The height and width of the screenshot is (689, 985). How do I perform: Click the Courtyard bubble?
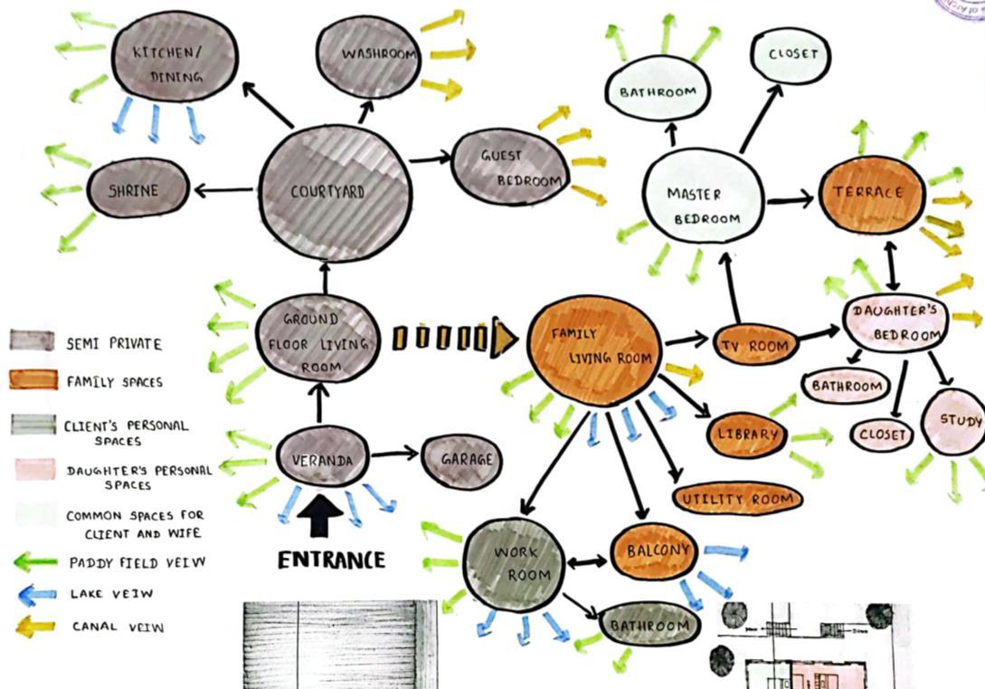click(335, 191)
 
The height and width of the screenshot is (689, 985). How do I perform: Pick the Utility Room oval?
click(738, 499)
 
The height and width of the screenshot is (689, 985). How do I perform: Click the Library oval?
click(747, 434)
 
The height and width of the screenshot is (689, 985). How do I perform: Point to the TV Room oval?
click(754, 345)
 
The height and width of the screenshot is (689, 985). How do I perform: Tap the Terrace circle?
click(872, 194)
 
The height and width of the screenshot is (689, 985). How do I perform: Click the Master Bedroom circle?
click(703, 205)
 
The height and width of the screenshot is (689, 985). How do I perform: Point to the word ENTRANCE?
click(331, 560)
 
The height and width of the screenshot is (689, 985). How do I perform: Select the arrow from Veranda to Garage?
click(395, 453)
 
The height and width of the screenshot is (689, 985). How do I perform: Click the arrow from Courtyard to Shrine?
click(223, 190)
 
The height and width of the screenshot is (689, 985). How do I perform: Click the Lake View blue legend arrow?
click(37, 595)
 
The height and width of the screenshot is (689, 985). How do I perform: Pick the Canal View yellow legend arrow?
click(37, 626)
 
